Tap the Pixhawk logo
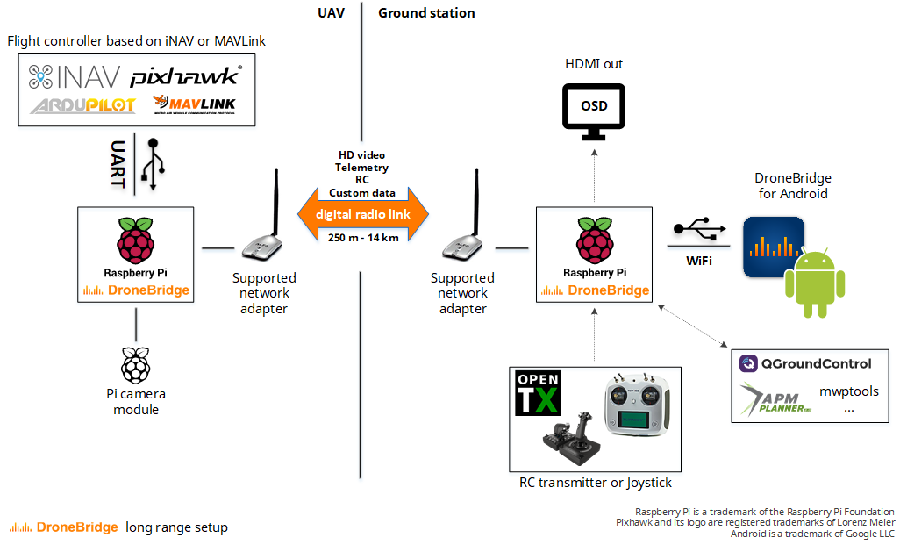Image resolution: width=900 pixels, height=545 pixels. coord(186,76)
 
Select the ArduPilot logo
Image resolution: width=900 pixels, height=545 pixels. coord(82,106)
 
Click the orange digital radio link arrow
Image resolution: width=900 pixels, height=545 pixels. coord(362,214)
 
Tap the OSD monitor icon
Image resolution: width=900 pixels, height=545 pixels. coord(593,111)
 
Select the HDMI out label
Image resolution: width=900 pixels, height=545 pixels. coord(594,64)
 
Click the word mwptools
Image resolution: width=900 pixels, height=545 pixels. coord(848,391)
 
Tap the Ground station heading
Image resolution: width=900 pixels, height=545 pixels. coord(426,13)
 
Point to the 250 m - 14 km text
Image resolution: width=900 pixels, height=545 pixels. coord(362,238)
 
